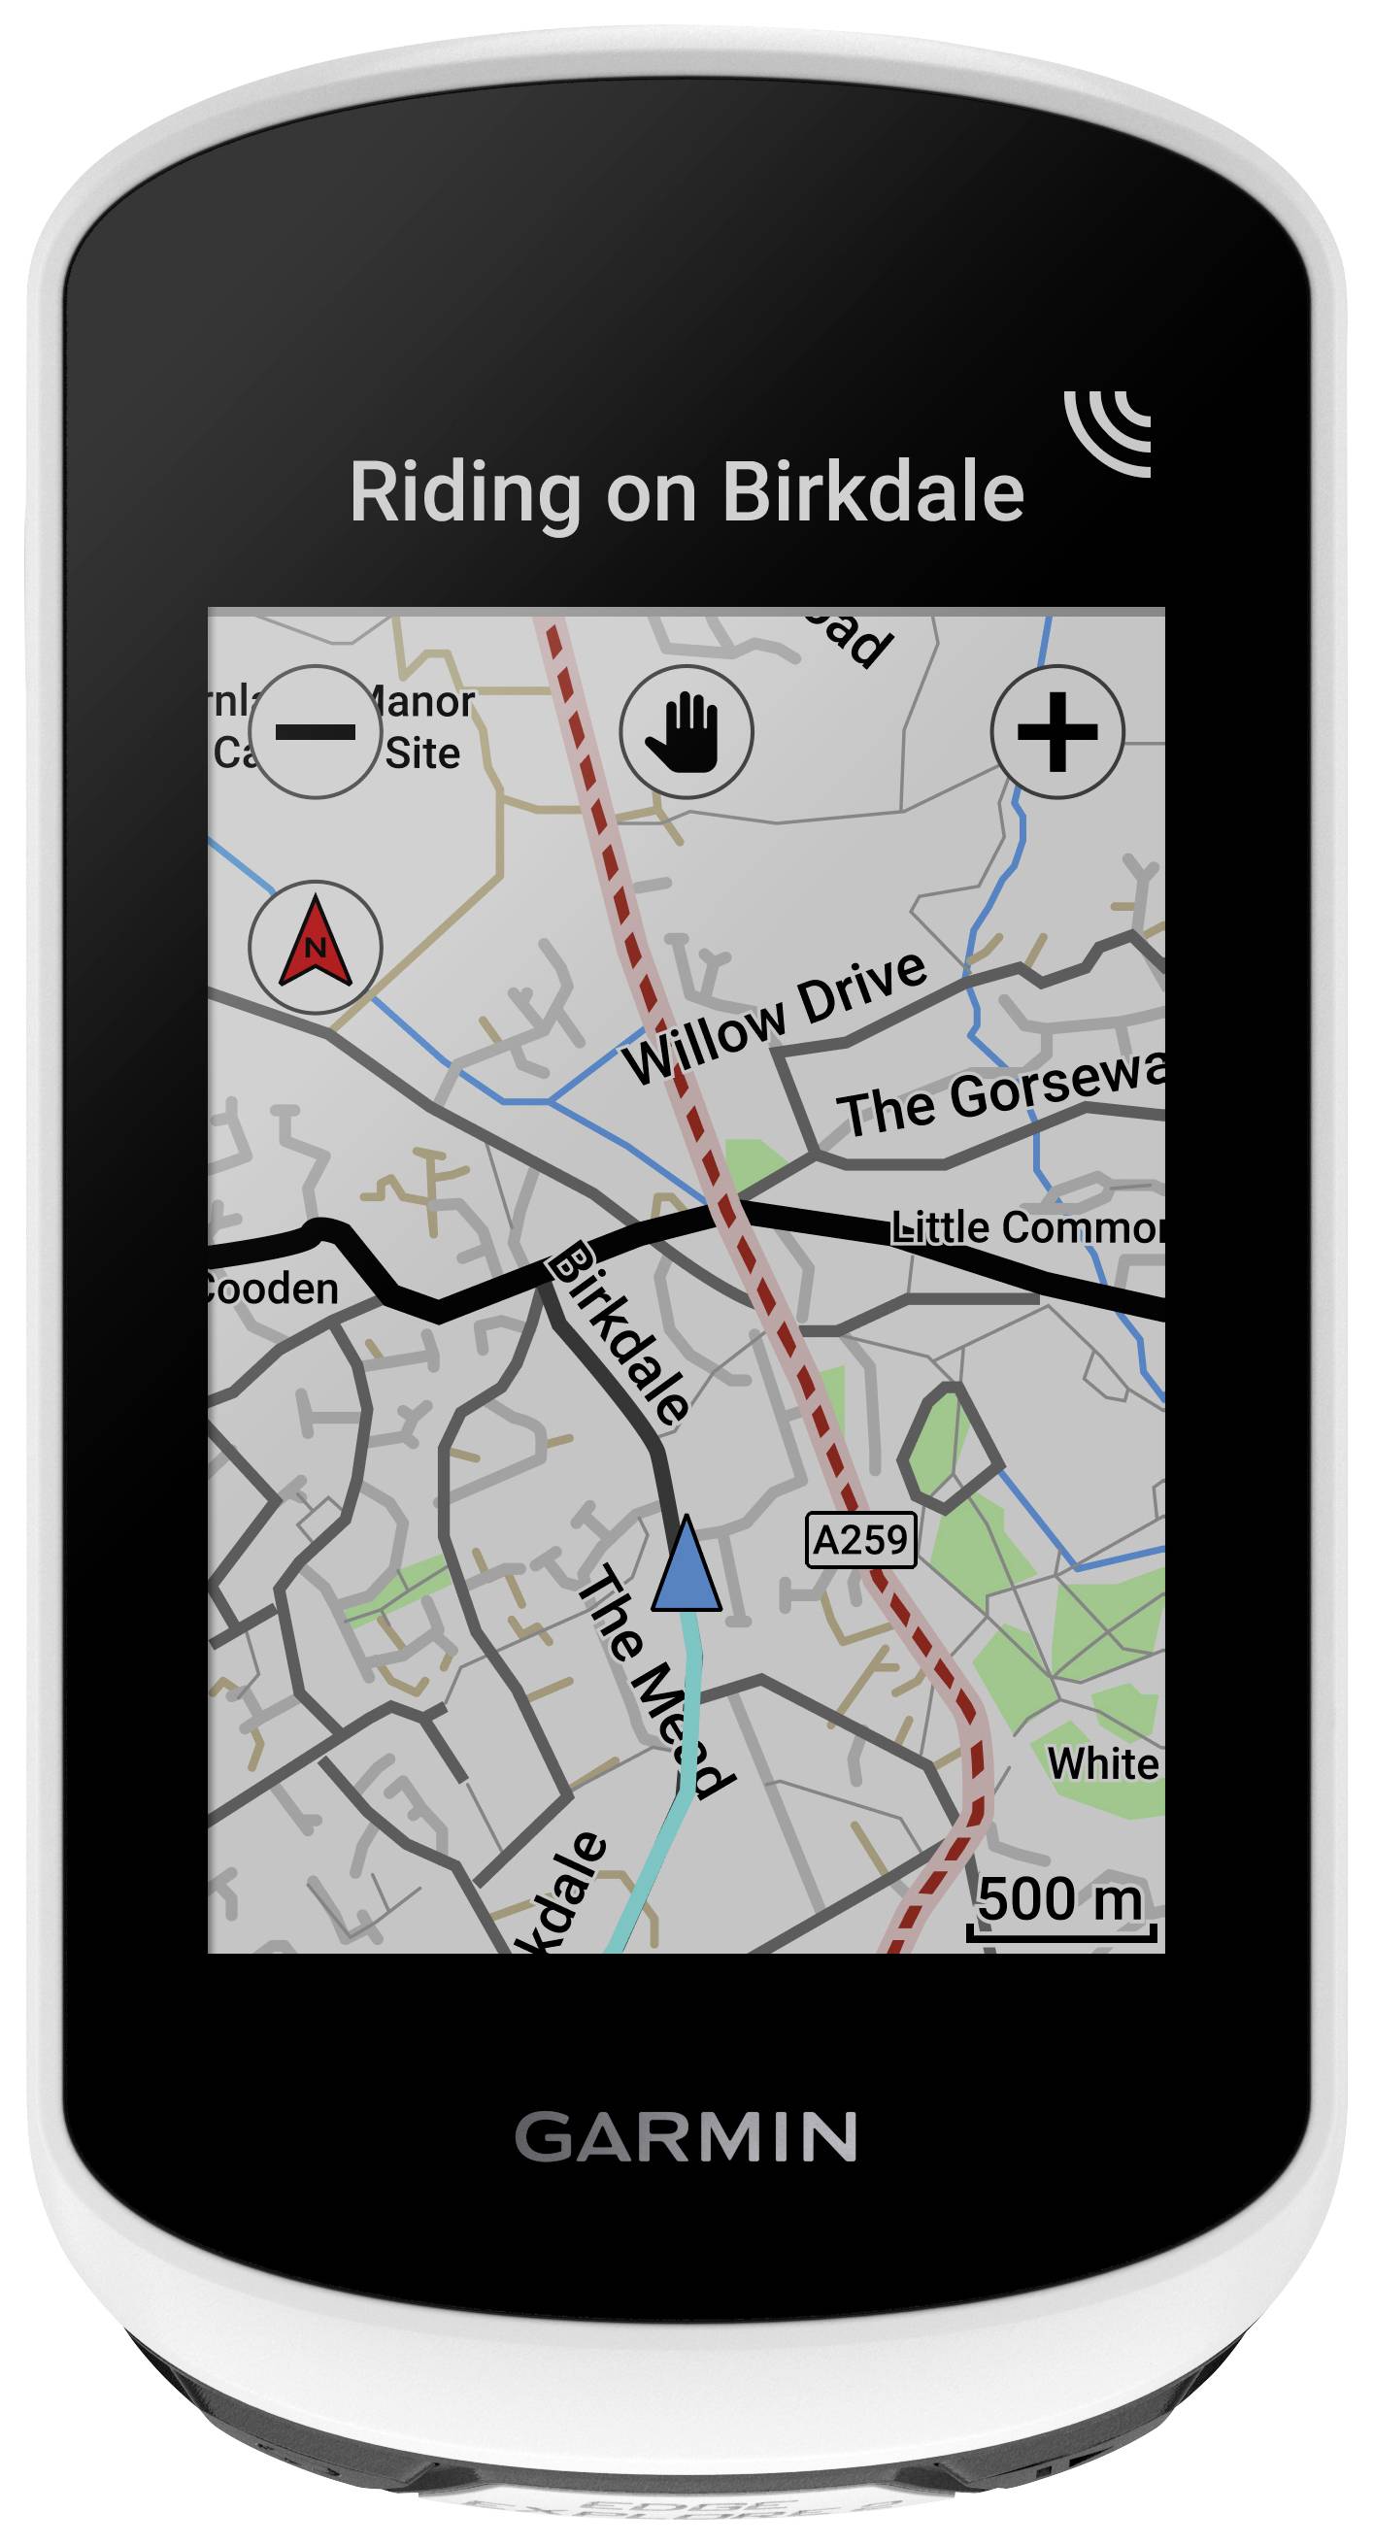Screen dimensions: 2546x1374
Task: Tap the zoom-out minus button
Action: click(316, 731)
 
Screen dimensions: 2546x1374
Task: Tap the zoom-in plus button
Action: click(1056, 731)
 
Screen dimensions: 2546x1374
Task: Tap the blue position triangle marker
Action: click(686, 1564)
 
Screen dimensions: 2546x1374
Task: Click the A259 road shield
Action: click(860, 1540)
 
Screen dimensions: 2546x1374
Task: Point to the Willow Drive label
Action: click(777, 1018)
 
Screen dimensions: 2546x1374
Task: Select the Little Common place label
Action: click(1026, 1228)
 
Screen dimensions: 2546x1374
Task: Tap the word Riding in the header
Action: click(464, 492)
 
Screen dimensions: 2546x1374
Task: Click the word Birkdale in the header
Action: click(874, 492)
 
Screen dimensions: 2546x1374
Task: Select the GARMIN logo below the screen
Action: click(686, 2138)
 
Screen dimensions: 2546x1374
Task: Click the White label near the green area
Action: click(1102, 1764)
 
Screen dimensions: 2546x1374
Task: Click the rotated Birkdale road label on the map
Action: click(620, 1332)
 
